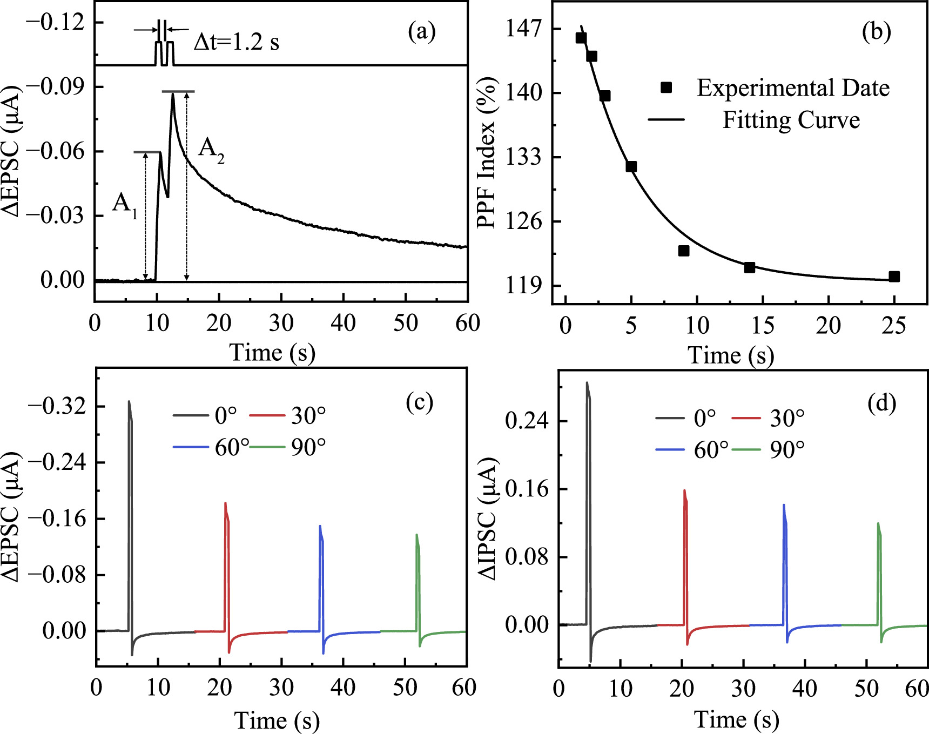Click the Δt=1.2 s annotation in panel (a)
click(x=237, y=42)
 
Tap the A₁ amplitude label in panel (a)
click(x=124, y=204)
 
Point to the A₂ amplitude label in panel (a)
click(x=211, y=149)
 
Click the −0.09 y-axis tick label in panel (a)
click(x=56, y=86)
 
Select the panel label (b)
click(x=876, y=31)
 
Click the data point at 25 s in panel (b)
click(x=894, y=277)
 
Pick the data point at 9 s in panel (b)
click(x=684, y=251)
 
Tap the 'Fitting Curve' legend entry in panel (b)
click(x=791, y=120)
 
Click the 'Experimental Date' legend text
click(x=793, y=88)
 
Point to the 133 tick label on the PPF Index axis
click(x=523, y=157)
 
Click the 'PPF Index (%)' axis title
click(x=487, y=154)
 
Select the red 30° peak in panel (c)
click(x=225, y=504)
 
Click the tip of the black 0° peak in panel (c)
click(x=129, y=402)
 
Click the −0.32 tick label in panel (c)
click(x=57, y=406)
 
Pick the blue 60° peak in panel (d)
click(x=784, y=506)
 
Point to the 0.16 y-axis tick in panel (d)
click(x=527, y=489)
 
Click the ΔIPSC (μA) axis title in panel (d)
click(x=488, y=518)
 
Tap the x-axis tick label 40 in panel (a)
click(x=343, y=324)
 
